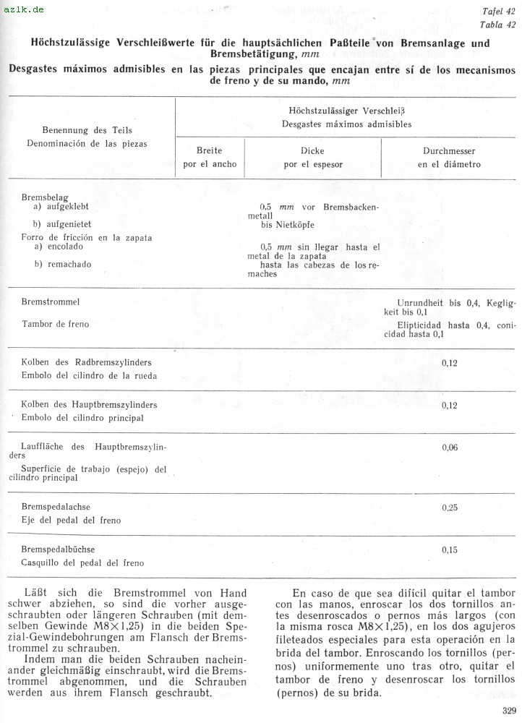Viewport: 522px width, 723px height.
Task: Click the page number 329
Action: coord(509,710)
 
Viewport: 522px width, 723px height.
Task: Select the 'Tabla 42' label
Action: coord(498,25)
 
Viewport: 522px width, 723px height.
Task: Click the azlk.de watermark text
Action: coord(23,9)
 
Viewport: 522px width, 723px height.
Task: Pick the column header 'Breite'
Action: coord(209,151)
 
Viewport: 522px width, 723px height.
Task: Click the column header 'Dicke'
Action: coord(312,151)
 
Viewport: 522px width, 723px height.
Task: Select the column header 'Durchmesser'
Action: coord(448,151)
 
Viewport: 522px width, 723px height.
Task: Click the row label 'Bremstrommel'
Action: coord(51,301)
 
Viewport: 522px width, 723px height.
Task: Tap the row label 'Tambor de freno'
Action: coord(56,324)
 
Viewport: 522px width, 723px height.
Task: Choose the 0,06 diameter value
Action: coord(449,448)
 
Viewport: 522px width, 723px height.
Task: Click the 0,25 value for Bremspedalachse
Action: coord(449,508)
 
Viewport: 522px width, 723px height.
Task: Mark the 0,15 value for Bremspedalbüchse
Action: coord(449,549)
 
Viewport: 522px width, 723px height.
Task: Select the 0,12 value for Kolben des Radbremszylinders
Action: coord(449,362)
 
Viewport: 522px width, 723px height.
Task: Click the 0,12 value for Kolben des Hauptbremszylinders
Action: coord(449,405)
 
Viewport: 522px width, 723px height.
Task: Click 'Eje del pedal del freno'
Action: coord(72,521)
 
